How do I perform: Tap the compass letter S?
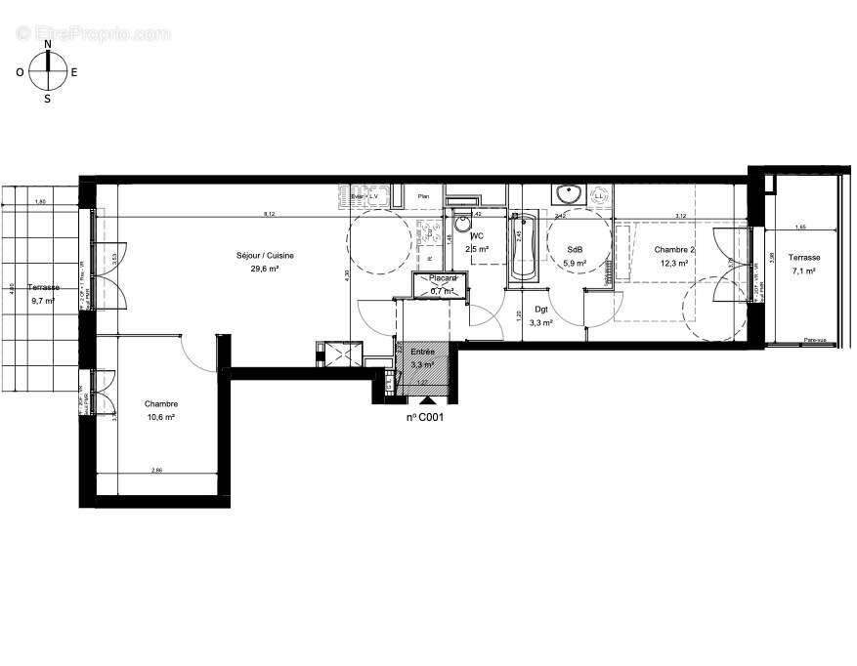tap(47, 98)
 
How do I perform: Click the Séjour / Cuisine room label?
tap(265, 256)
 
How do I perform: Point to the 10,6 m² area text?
tap(161, 417)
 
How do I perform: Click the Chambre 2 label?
tap(674, 250)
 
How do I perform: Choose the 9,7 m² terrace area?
tap(44, 301)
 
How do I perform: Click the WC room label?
tap(477, 236)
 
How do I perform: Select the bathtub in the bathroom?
tap(524, 248)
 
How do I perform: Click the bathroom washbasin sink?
tap(566, 193)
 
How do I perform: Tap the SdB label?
tap(576, 250)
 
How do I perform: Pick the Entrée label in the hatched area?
tap(422, 352)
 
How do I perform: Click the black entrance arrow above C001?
tap(424, 400)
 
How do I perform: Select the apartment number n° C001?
tap(426, 417)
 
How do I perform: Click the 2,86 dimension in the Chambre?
tap(156, 471)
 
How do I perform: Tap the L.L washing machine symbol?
tap(598, 196)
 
